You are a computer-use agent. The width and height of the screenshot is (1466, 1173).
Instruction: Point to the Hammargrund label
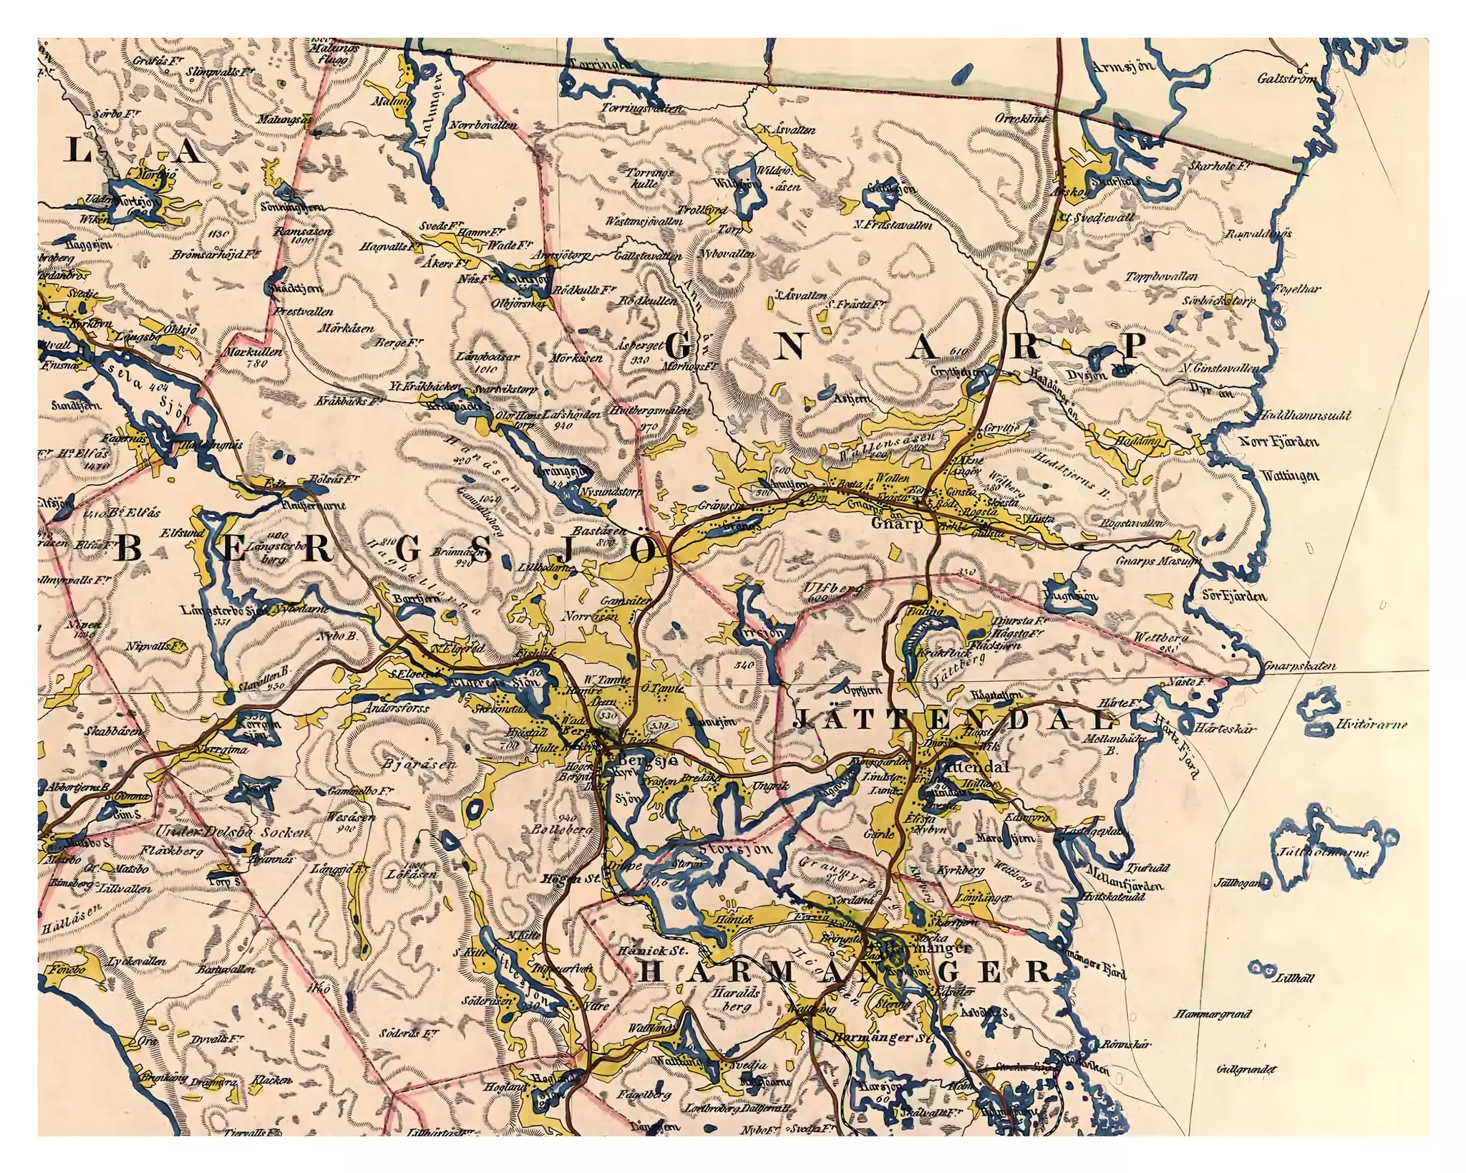click(x=1213, y=1013)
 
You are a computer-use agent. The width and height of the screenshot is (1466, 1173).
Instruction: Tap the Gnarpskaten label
click(x=1300, y=666)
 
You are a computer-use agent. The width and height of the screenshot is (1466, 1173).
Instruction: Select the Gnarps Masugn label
click(x=1158, y=561)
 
